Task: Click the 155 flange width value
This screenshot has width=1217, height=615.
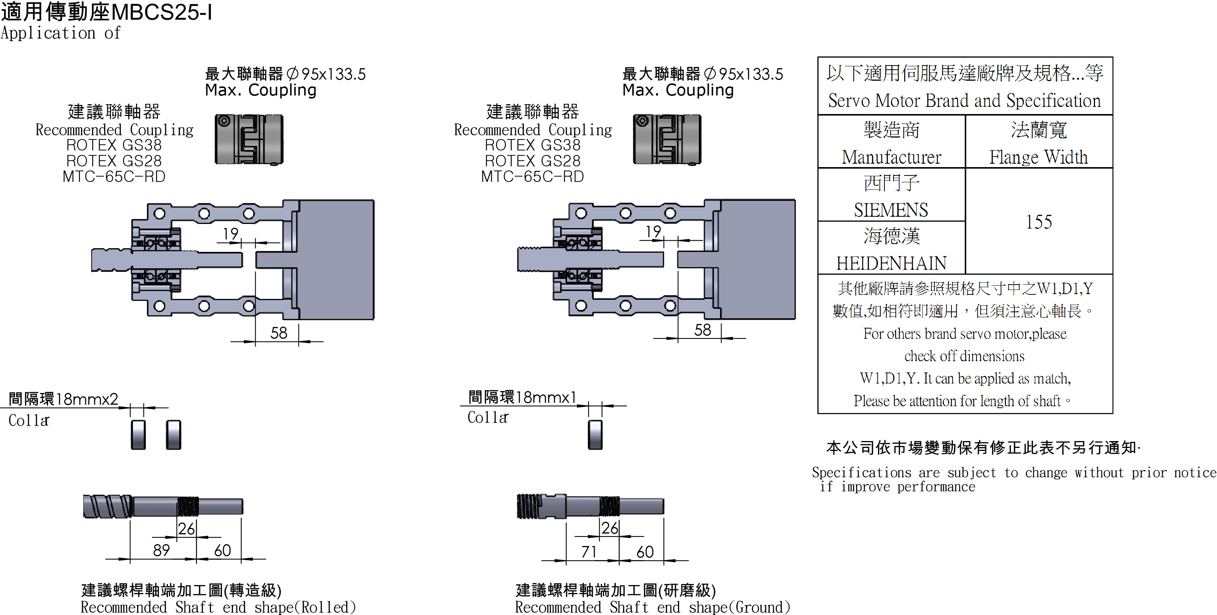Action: (x=1039, y=222)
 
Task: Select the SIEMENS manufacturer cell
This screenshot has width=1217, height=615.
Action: (x=891, y=210)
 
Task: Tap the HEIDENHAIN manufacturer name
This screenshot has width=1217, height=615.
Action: (x=891, y=263)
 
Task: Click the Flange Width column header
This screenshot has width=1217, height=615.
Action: (x=1039, y=157)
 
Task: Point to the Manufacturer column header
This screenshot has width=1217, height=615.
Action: (x=891, y=157)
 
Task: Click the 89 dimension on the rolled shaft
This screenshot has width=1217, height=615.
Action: (x=161, y=550)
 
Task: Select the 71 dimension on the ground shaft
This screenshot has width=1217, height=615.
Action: (x=589, y=552)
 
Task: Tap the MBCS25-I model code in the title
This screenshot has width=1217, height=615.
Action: (x=162, y=12)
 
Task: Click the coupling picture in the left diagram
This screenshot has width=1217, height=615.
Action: (x=249, y=139)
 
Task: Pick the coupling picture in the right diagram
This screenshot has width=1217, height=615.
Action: (x=667, y=139)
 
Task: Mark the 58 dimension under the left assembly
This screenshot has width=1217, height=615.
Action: (x=279, y=333)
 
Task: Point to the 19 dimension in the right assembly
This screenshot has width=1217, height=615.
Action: (x=653, y=232)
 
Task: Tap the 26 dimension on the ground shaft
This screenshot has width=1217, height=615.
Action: (x=609, y=528)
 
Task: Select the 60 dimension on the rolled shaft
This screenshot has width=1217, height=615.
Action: (x=222, y=550)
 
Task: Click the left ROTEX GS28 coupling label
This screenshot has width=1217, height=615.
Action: (x=114, y=161)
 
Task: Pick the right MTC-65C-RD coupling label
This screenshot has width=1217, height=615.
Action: (x=533, y=176)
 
